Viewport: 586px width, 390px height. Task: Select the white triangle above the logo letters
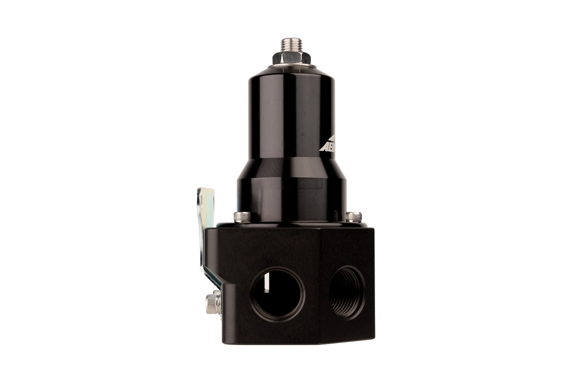pyautogui.click(x=329, y=138)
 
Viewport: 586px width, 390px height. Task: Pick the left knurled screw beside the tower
pyautogui.click(x=242, y=217)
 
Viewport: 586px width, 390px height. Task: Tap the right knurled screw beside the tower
pyautogui.click(x=353, y=217)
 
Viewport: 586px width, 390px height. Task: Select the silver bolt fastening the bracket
pyautogui.click(x=213, y=303)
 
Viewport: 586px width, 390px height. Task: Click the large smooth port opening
pyautogui.click(x=277, y=294)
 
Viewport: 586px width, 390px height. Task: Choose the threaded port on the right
pyautogui.click(x=347, y=292)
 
